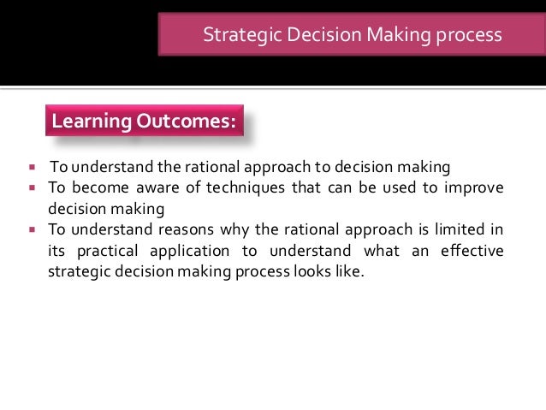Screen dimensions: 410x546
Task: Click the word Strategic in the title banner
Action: click(x=234, y=36)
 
